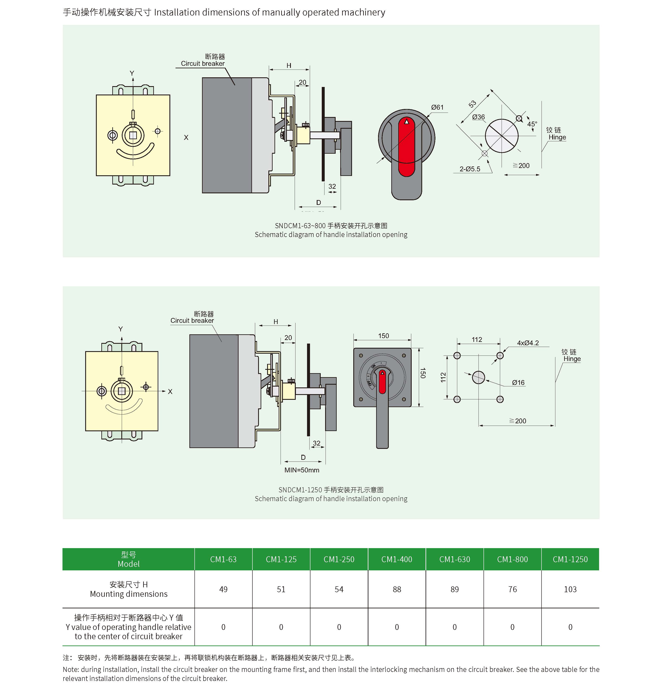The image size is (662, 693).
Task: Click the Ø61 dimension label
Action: (437, 107)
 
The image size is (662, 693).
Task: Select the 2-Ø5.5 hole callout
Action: (470, 169)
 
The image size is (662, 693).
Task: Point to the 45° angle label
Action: (532, 124)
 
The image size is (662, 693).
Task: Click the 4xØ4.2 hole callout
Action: (528, 343)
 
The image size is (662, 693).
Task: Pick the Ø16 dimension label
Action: (518, 382)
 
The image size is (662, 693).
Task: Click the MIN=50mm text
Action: (302, 470)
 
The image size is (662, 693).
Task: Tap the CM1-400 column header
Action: (397, 559)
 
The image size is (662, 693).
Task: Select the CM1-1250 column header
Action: (570, 559)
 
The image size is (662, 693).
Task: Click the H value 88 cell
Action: (397, 589)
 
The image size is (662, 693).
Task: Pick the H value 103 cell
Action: (570, 589)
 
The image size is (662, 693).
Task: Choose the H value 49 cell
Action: (223, 589)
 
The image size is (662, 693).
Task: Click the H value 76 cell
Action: (512, 589)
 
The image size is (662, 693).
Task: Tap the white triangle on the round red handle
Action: (407, 122)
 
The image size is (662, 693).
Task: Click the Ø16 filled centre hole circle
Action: (479, 377)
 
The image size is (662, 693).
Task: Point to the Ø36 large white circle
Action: (501, 136)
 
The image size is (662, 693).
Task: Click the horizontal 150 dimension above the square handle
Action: (383, 336)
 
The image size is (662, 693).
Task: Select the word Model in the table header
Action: (128, 564)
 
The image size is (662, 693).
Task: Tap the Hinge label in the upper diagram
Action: (557, 137)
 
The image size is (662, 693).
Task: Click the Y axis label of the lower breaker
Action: (121, 329)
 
